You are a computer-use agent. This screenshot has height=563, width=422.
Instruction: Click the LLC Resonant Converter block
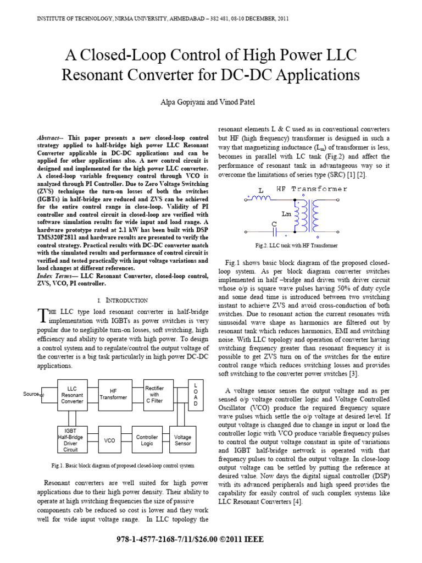72,394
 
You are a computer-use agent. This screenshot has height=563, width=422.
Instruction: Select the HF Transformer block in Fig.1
113,394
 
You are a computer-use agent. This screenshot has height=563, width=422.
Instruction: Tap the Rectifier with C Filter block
155,394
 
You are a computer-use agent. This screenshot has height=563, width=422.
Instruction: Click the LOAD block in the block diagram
194,394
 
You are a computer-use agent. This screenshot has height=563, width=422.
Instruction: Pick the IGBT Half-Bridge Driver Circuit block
72,440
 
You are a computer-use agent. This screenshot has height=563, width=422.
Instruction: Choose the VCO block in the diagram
110,440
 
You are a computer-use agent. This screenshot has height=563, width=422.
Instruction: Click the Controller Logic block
147,440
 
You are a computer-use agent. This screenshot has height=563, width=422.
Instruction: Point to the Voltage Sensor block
182,440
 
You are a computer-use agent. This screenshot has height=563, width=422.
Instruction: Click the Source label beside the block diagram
32,394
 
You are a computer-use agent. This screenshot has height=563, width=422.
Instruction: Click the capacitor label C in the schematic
274,224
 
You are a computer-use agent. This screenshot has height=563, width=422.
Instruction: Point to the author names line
211,103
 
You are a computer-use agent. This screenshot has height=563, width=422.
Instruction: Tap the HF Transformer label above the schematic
315,189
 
